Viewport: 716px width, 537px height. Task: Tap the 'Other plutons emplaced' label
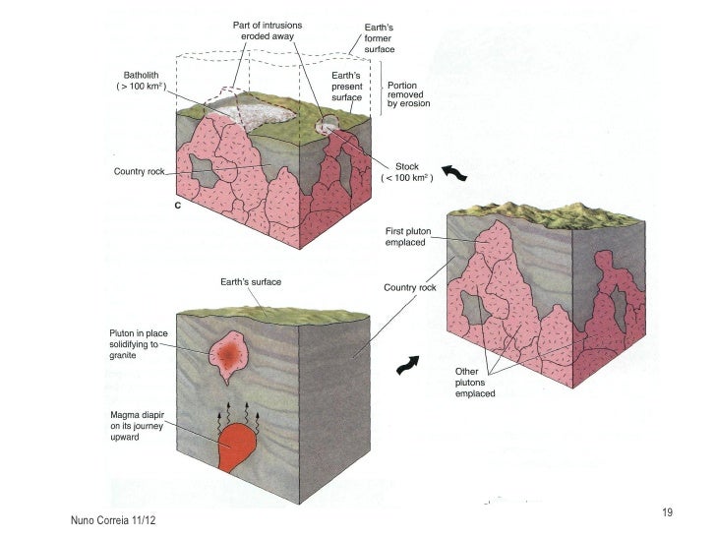click(x=474, y=383)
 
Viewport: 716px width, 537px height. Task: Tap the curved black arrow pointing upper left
click(x=454, y=173)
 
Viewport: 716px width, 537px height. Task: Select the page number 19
click(x=668, y=511)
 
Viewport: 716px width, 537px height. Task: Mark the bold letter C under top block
click(x=178, y=207)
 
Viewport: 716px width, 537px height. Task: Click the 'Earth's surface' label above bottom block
click(x=250, y=282)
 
